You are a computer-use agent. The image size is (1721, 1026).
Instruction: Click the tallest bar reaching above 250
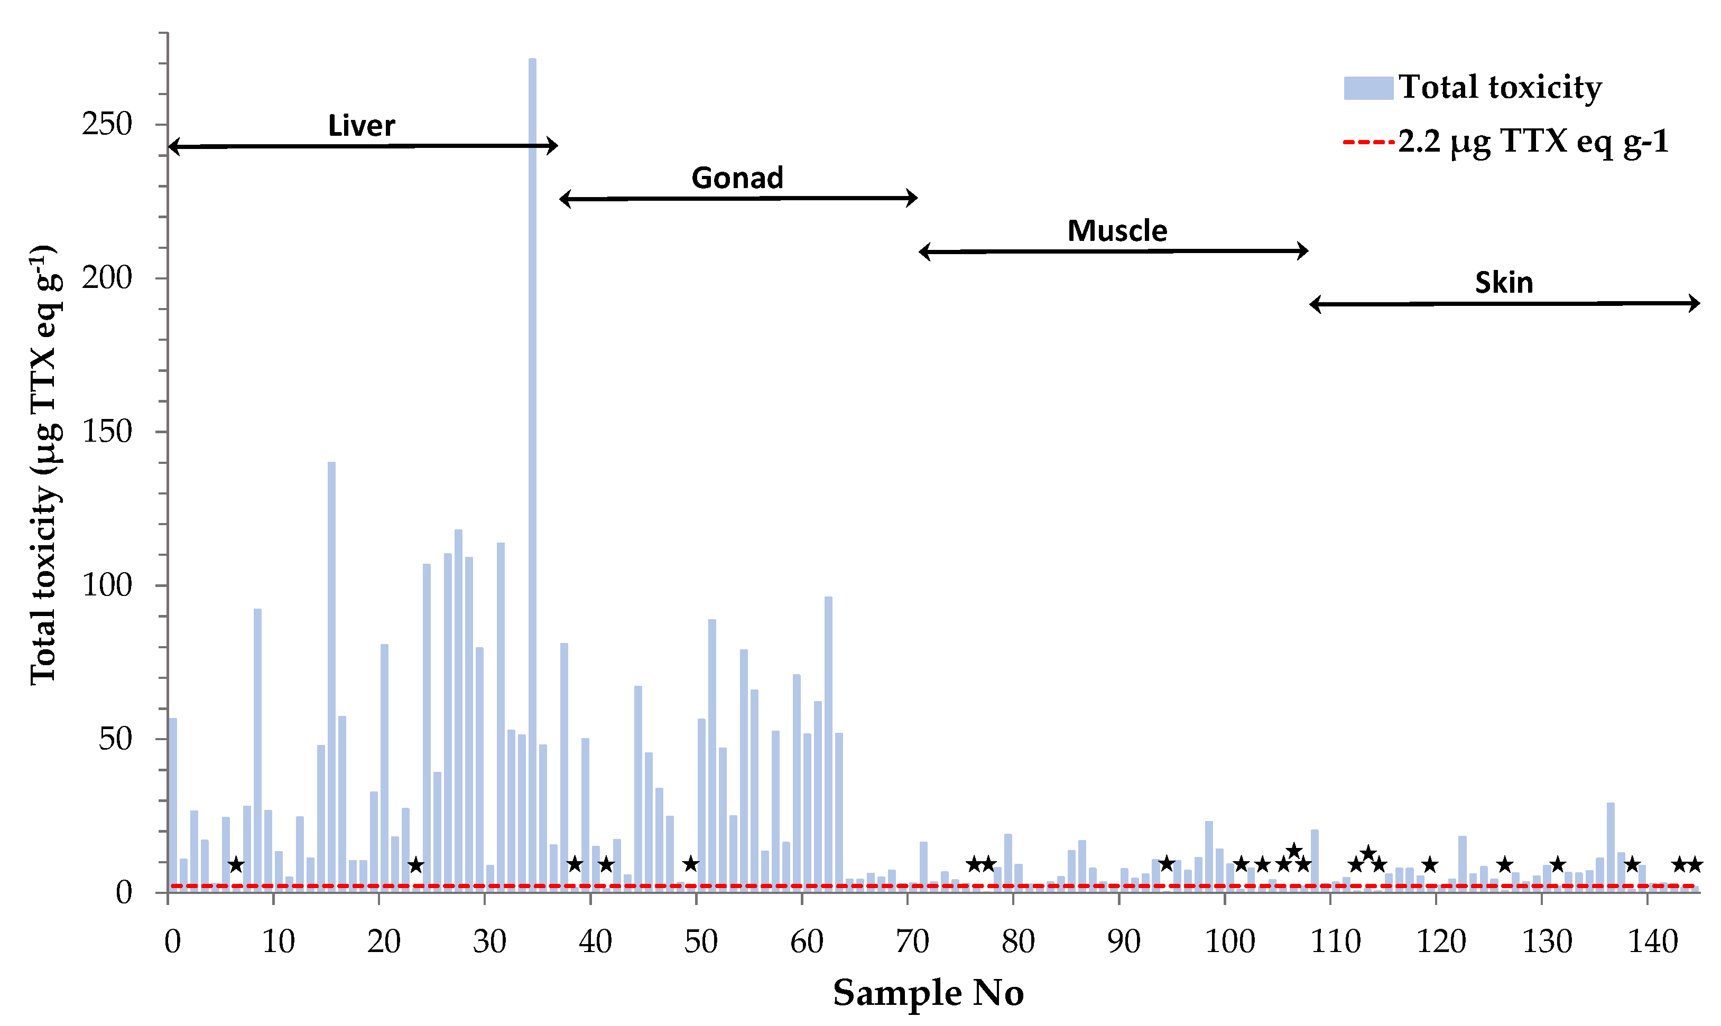532,470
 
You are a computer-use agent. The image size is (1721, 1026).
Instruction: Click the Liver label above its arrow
361,126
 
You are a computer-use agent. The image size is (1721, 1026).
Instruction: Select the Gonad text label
737,179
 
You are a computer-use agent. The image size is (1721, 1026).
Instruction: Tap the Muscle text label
1117,231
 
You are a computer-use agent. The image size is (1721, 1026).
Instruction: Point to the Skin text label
1504,283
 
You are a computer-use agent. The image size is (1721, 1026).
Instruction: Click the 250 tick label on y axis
107,125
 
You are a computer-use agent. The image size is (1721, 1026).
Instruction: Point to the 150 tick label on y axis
107,432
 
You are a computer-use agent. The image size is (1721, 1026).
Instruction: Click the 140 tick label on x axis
1652,941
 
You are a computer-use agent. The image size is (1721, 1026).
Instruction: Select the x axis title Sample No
928,993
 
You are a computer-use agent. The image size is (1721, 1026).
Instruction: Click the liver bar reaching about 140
331,674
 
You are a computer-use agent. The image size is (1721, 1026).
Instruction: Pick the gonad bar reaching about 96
828,743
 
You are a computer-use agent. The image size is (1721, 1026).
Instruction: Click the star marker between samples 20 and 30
415,864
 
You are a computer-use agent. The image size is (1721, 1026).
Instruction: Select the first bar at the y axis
173,806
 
